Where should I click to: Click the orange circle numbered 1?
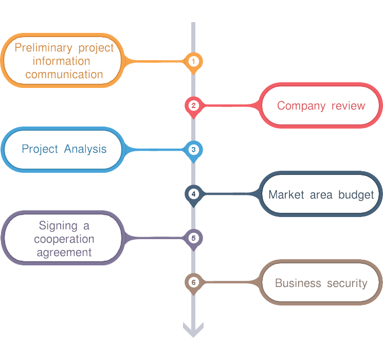coord(193,61)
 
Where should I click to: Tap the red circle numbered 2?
coord(193,106)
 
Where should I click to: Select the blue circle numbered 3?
coord(193,150)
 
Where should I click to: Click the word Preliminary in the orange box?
coord(43,48)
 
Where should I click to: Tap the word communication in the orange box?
coord(64,74)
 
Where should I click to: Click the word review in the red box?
coord(349,106)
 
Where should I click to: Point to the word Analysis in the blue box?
coord(85,149)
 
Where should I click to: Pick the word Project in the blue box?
coord(40,149)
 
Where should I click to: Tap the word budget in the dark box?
coord(356,195)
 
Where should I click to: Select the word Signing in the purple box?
coord(58,226)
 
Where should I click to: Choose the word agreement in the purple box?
coord(64,253)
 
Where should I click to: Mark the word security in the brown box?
coord(347,283)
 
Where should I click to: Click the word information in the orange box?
coord(61,61)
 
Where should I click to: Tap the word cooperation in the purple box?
coord(64,239)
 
